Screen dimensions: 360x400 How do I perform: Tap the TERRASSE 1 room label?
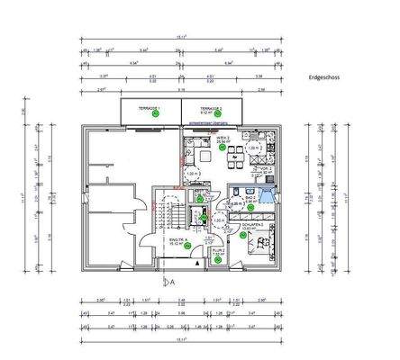click(150, 107)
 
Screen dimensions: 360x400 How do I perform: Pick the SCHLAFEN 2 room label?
click(238, 226)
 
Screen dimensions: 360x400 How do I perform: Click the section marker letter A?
click(168, 280)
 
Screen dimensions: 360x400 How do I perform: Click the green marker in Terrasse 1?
click(155, 114)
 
